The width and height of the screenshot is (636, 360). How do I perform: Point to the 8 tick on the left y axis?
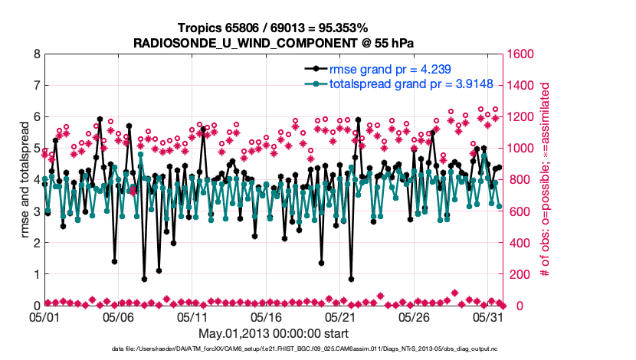coord(36,54)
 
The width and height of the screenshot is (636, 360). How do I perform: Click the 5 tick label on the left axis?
coord(36,149)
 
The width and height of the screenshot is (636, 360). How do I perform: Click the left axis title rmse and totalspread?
coord(24,180)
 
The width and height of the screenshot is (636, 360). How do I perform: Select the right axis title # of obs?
coord(545,180)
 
